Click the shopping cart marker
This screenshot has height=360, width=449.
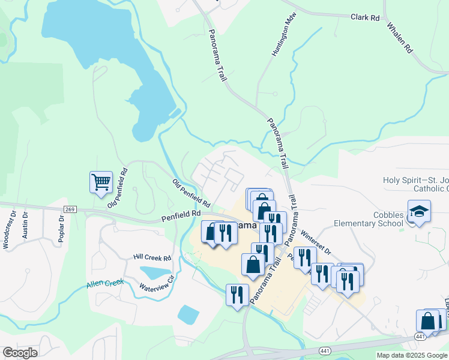click(x=101, y=182)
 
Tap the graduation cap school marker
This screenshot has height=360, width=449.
click(x=419, y=212)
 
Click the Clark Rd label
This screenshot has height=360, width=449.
click(x=365, y=17)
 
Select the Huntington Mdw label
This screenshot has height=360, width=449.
click(x=285, y=41)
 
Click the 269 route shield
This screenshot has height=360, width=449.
click(x=70, y=209)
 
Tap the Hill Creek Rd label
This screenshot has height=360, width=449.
click(x=152, y=257)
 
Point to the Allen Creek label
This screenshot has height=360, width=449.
click(x=105, y=282)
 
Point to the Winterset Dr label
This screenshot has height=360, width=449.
click(x=316, y=243)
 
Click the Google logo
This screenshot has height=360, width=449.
click(x=19, y=353)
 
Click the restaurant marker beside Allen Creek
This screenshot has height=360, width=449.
click(x=237, y=295)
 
